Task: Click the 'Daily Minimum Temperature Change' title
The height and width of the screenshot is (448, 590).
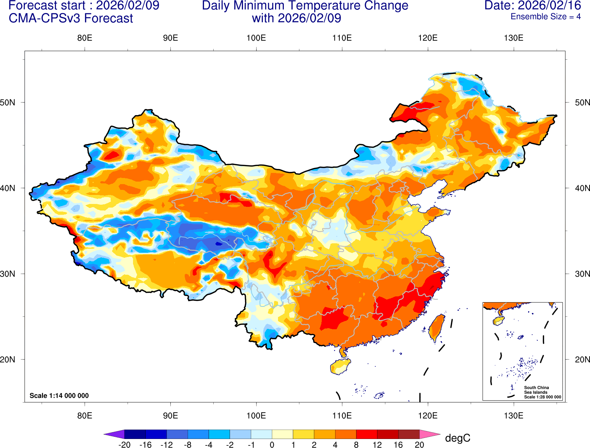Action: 305,6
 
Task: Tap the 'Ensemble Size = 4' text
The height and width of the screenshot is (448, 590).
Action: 546,17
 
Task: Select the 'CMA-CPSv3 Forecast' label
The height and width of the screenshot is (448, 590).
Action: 71,18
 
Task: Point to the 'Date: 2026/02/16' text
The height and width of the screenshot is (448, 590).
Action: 533,5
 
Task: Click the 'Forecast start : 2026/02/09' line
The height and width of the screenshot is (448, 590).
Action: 84,5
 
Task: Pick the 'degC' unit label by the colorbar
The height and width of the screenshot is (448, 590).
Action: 457,438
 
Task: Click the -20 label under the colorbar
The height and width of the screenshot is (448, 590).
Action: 124,445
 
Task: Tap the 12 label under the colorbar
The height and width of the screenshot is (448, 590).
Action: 377,445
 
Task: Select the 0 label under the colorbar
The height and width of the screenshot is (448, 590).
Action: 272,445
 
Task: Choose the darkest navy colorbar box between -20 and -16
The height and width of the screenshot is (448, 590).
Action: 135,434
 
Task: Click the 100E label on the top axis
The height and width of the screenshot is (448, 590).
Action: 256,38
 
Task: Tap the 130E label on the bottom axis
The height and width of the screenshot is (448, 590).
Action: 513,416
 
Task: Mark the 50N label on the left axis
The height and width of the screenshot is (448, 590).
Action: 8,103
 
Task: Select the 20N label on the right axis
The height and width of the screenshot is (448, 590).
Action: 582,360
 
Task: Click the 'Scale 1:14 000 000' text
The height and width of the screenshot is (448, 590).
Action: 59,396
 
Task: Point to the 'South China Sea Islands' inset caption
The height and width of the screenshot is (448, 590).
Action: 536,390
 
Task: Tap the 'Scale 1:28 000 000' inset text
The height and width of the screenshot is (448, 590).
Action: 542,397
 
